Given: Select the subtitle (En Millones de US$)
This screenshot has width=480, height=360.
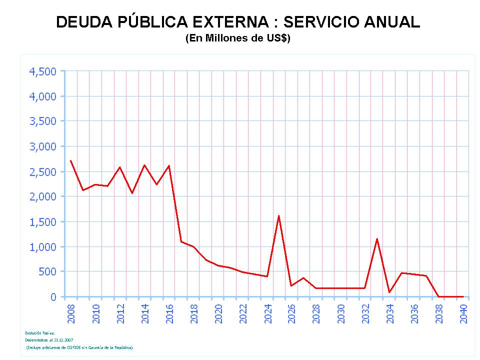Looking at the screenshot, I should [238, 38].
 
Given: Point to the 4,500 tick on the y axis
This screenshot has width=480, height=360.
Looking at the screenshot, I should [43, 71].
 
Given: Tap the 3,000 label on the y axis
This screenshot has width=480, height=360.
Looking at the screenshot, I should [43, 146].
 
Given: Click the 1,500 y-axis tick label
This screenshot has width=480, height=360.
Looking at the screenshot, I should [43, 221].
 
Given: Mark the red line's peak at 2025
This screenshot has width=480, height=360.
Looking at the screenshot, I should [278, 215].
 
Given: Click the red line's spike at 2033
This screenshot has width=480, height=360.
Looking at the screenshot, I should [376, 238].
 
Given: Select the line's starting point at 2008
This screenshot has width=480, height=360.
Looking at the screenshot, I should [70, 160].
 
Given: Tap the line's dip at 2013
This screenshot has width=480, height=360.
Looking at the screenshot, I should [132, 193].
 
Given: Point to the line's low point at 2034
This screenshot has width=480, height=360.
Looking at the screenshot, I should [389, 292].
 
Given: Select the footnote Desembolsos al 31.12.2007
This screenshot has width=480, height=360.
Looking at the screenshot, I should [46, 340].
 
